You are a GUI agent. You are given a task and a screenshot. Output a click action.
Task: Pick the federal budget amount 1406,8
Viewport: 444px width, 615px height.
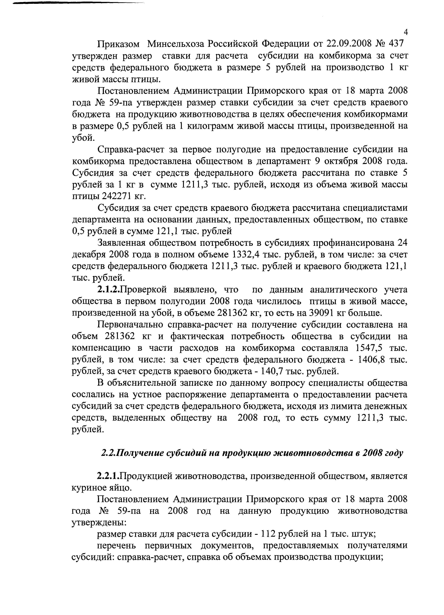(370, 360)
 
